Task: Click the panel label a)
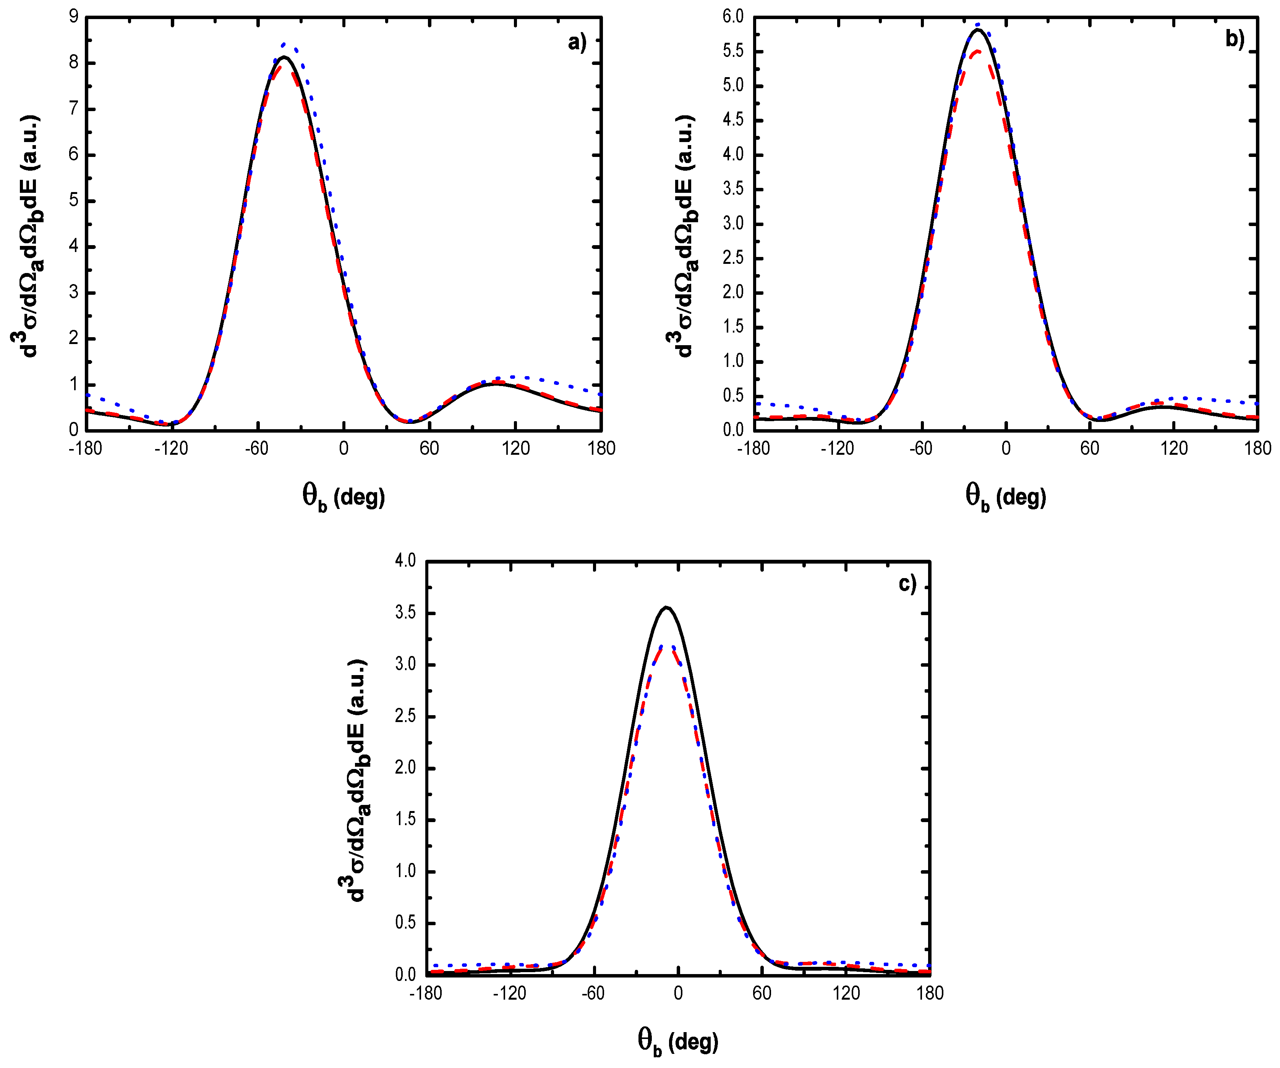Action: click(576, 43)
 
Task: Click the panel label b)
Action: click(1234, 40)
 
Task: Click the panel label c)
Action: click(907, 584)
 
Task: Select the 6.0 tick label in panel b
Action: click(733, 17)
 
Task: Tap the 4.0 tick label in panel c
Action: click(405, 560)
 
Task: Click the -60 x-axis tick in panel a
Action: click(257, 448)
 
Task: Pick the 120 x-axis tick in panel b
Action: click(1173, 448)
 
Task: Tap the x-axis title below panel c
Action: click(678, 1041)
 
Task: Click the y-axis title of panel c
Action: click(356, 780)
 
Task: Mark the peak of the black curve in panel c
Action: click(667, 608)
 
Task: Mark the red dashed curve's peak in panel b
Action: click(977, 52)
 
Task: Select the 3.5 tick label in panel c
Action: click(405, 612)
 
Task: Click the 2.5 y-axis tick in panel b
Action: click(733, 258)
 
